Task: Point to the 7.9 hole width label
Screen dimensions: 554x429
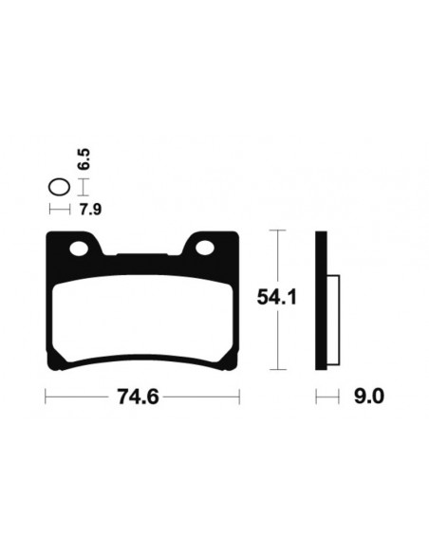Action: point(91,210)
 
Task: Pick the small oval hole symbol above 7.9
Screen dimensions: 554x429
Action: point(61,187)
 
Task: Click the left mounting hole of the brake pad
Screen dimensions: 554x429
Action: point(80,249)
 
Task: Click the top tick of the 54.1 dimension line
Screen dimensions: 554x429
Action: point(275,231)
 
